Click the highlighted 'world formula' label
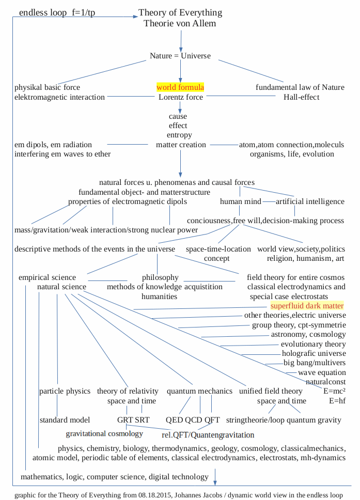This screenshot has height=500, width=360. pos(180,87)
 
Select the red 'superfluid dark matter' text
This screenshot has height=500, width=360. pos(307,306)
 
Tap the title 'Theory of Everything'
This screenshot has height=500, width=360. pos(180,12)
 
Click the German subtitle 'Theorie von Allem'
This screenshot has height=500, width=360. pos(180,23)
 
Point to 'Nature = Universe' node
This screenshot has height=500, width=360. pos(180,56)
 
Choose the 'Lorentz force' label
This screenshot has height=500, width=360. pos(181,97)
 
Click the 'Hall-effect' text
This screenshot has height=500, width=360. pos(301,97)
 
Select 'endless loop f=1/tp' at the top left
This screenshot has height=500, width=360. pos(57,13)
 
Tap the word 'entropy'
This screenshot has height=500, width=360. pos(179,135)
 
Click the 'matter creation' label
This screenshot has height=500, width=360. pos(181,145)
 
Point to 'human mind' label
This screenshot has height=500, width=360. pos(240,201)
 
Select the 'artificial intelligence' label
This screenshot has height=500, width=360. pos(310,201)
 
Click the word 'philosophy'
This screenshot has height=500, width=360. pos(160,277)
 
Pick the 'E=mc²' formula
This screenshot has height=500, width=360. pos(334,391)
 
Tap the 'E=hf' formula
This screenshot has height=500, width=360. pos(337,401)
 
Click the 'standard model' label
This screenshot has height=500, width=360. pos(65,420)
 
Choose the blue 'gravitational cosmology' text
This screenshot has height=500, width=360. pos(104,433)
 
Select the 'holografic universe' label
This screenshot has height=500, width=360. pos(314,353)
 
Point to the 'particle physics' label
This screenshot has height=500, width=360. pos(65,391)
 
